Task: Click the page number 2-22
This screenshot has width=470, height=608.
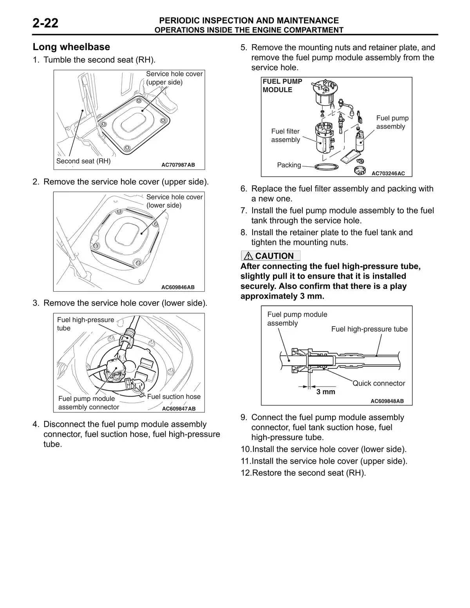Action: [x=45, y=23]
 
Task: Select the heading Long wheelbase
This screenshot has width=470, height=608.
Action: [x=71, y=47]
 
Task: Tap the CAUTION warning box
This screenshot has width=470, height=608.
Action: [x=271, y=256]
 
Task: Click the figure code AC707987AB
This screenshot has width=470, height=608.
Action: [x=178, y=165]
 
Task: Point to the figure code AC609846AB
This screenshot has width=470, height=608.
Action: [x=178, y=287]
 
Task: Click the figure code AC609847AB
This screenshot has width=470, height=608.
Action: [x=179, y=409]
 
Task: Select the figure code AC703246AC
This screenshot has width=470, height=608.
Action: [x=388, y=173]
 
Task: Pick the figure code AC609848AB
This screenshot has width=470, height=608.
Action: [x=387, y=401]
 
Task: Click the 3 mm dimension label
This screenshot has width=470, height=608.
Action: [x=325, y=392]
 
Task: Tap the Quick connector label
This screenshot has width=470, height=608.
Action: [x=379, y=383]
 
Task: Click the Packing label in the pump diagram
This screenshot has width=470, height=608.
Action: [x=289, y=165]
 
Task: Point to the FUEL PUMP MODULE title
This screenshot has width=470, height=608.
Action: [x=282, y=85]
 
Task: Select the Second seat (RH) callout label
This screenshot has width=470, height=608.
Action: [x=83, y=161]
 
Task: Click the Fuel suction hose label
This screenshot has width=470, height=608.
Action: [x=174, y=397]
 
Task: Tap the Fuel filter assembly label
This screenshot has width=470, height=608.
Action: [x=285, y=135]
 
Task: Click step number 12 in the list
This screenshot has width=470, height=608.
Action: [x=246, y=473]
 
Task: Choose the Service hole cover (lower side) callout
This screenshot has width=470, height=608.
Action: [x=174, y=201]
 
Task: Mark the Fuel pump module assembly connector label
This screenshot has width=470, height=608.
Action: [x=89, y=403]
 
